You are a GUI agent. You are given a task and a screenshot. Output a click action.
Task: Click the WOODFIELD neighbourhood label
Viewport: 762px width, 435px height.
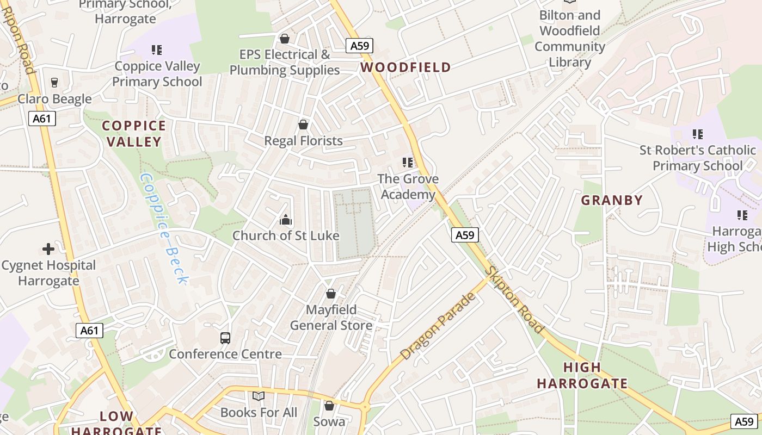point(405,67)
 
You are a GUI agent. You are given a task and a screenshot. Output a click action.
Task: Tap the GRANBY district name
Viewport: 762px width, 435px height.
point(612,200)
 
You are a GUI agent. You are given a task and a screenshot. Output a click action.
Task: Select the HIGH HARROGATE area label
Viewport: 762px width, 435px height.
point(582,375)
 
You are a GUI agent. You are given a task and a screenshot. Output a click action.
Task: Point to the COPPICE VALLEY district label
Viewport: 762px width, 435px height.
point(134,134)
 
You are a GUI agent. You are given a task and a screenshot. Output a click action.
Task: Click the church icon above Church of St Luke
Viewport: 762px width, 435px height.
point(286,220)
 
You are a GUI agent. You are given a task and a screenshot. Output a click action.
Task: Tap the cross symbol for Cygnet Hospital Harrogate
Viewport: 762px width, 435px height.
point(48,250)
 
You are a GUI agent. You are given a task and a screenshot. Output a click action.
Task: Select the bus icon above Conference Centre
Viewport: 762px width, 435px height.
point(225,338)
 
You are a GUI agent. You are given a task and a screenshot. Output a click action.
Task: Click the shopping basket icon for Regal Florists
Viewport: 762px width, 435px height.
point(303,125)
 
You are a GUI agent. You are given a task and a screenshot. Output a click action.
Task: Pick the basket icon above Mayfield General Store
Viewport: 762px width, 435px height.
point(330,294)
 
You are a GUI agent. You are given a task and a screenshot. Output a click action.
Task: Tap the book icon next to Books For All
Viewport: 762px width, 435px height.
point(259,396)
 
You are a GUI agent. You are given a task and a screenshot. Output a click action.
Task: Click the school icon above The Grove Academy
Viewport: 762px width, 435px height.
point(408,163)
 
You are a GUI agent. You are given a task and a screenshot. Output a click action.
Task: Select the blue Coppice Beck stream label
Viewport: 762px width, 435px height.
point(164,228)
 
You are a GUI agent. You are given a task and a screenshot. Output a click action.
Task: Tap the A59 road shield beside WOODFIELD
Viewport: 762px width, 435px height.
point(359,46)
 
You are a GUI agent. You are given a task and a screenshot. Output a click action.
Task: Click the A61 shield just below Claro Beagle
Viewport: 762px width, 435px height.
point(42,119)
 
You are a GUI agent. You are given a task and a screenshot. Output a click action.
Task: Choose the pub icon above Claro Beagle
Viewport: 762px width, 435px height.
point(54,83)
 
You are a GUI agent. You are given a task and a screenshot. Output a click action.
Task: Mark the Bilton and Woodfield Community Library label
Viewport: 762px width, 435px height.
point(570,39)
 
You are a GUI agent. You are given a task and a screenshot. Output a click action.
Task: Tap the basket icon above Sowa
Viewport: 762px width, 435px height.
point(329,406)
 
